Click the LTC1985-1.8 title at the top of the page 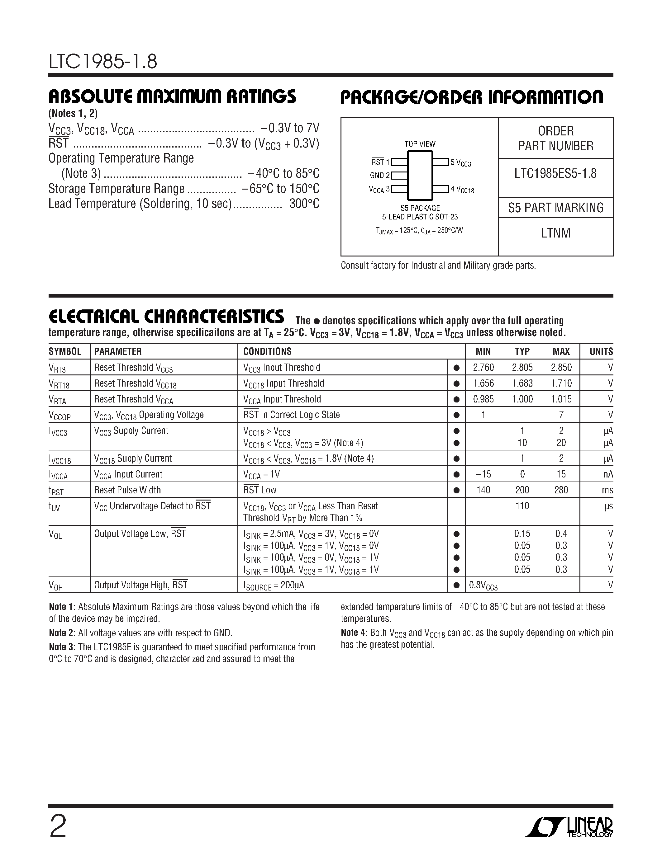click(x=103, y=62)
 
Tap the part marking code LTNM click(x=555, y=233)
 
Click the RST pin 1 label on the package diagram click(x=380, y=162)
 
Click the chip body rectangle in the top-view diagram click(x=420, y=175)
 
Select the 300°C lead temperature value click(x=304, y=204)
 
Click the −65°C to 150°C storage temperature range click(x=280, y=189)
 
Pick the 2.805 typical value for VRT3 click(x=522, y=367)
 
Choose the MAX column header click(x=561, y=351)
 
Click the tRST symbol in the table click(x=56, y=491)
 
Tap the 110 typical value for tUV click(x=522, y=506)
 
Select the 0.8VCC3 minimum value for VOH click(x=483, y=586)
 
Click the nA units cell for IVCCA click(x=608, y=474)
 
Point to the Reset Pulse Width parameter click(x=127, y=490)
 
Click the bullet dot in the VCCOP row click(x=456, y=415)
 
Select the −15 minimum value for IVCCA click(x=483, y=474)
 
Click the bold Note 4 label click(x=354, y=633)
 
